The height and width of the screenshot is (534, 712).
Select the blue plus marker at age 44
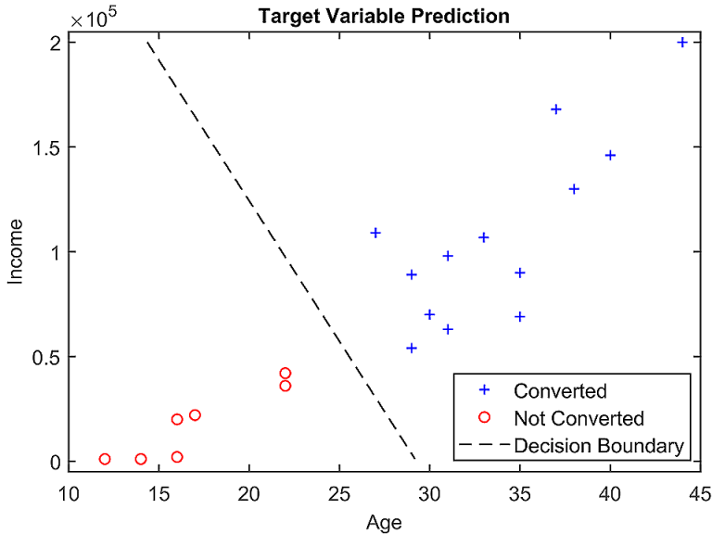coord(682,43)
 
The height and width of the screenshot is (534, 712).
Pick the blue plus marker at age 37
coord(556,109)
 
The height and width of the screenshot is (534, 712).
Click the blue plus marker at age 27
coord(375,233)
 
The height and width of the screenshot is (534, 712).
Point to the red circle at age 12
coord(105,459)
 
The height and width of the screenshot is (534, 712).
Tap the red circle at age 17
coord(195,415)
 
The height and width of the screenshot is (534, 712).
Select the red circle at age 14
coord(141,459)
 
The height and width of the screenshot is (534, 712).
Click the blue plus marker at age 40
coord(610,155)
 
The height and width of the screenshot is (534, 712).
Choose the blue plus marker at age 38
coord(574,189)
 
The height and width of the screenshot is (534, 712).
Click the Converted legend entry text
coord(560,390)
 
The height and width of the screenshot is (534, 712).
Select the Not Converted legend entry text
coord(578,418)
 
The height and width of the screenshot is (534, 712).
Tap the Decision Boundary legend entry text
coord(598,446)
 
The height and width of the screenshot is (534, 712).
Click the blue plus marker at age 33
coord(484,237)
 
